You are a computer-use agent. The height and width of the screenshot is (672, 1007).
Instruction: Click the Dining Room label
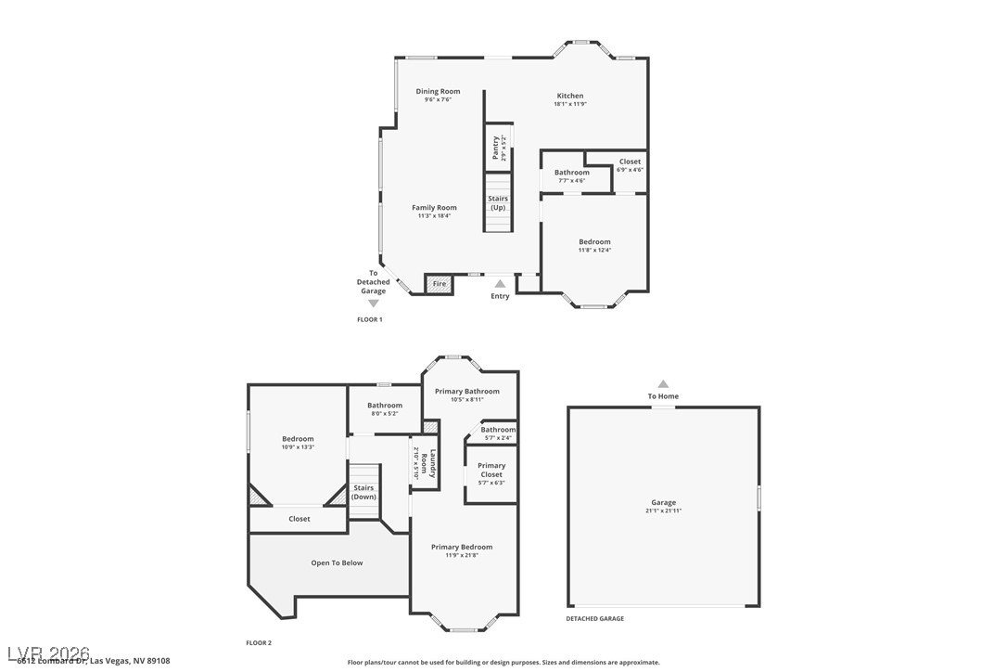click(438, 91)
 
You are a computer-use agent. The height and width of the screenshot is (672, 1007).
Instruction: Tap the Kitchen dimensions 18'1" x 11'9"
click(569, 104)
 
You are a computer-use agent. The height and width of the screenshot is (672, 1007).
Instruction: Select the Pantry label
click(496, 147)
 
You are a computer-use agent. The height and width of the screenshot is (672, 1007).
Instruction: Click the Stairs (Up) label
click(498, 202)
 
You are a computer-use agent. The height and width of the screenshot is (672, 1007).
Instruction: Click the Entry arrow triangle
click(500, 284)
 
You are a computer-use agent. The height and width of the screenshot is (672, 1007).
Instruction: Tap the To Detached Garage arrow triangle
click(374, 303)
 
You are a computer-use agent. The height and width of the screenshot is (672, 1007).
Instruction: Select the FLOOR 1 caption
click(369, 319)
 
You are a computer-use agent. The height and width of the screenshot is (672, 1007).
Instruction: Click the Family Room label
click(434, 208)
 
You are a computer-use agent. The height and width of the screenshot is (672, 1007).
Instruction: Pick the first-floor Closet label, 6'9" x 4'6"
click(630, 162)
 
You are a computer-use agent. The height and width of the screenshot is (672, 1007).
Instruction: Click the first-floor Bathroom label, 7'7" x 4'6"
click(571, 173)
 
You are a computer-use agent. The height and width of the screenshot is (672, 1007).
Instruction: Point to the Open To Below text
click(337, 562)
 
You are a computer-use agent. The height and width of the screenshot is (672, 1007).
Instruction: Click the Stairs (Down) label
click(363, 492)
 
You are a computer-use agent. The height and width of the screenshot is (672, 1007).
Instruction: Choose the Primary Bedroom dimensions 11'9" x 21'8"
click(461, 555)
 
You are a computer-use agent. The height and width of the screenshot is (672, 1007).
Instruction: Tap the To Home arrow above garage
click(663, 383)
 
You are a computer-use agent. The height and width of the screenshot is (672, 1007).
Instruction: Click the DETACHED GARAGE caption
click(594, 618)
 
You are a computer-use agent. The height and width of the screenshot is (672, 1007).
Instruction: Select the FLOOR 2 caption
click(259, 642)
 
